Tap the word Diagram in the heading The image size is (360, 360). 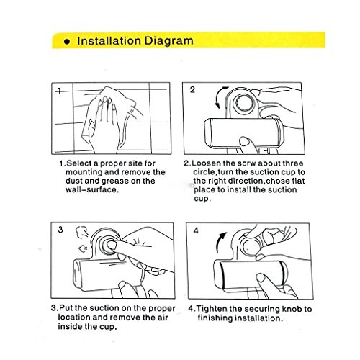pyautogui.click(x=169, y=41)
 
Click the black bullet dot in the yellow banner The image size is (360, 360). pyautogui.click(x=67, y=42)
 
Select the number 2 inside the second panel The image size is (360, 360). pyautogui.click(x=192, y=90)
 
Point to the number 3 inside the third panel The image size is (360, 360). pyautogui.click(x=60, y=230)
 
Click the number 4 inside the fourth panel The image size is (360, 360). pyautogui.click(x=196, y=230)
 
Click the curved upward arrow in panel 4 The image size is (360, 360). pyautogui.click(x=220, y=242)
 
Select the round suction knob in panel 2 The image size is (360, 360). pyautogui.click(x=244, y=103)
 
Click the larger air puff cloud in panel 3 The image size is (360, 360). pyautogui.click(x=81, y=232)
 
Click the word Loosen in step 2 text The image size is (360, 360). pyautogui.click(x=207, y=163)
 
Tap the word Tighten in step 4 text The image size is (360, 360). pyautogui.click(x=212, y=309)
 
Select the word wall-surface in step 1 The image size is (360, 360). pyautogui.click(x=92, y=190)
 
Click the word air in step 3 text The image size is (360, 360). pyautogui.click(x=163, y=318)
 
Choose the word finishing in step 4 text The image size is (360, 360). pyautogui.click(x=215, y=318)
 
